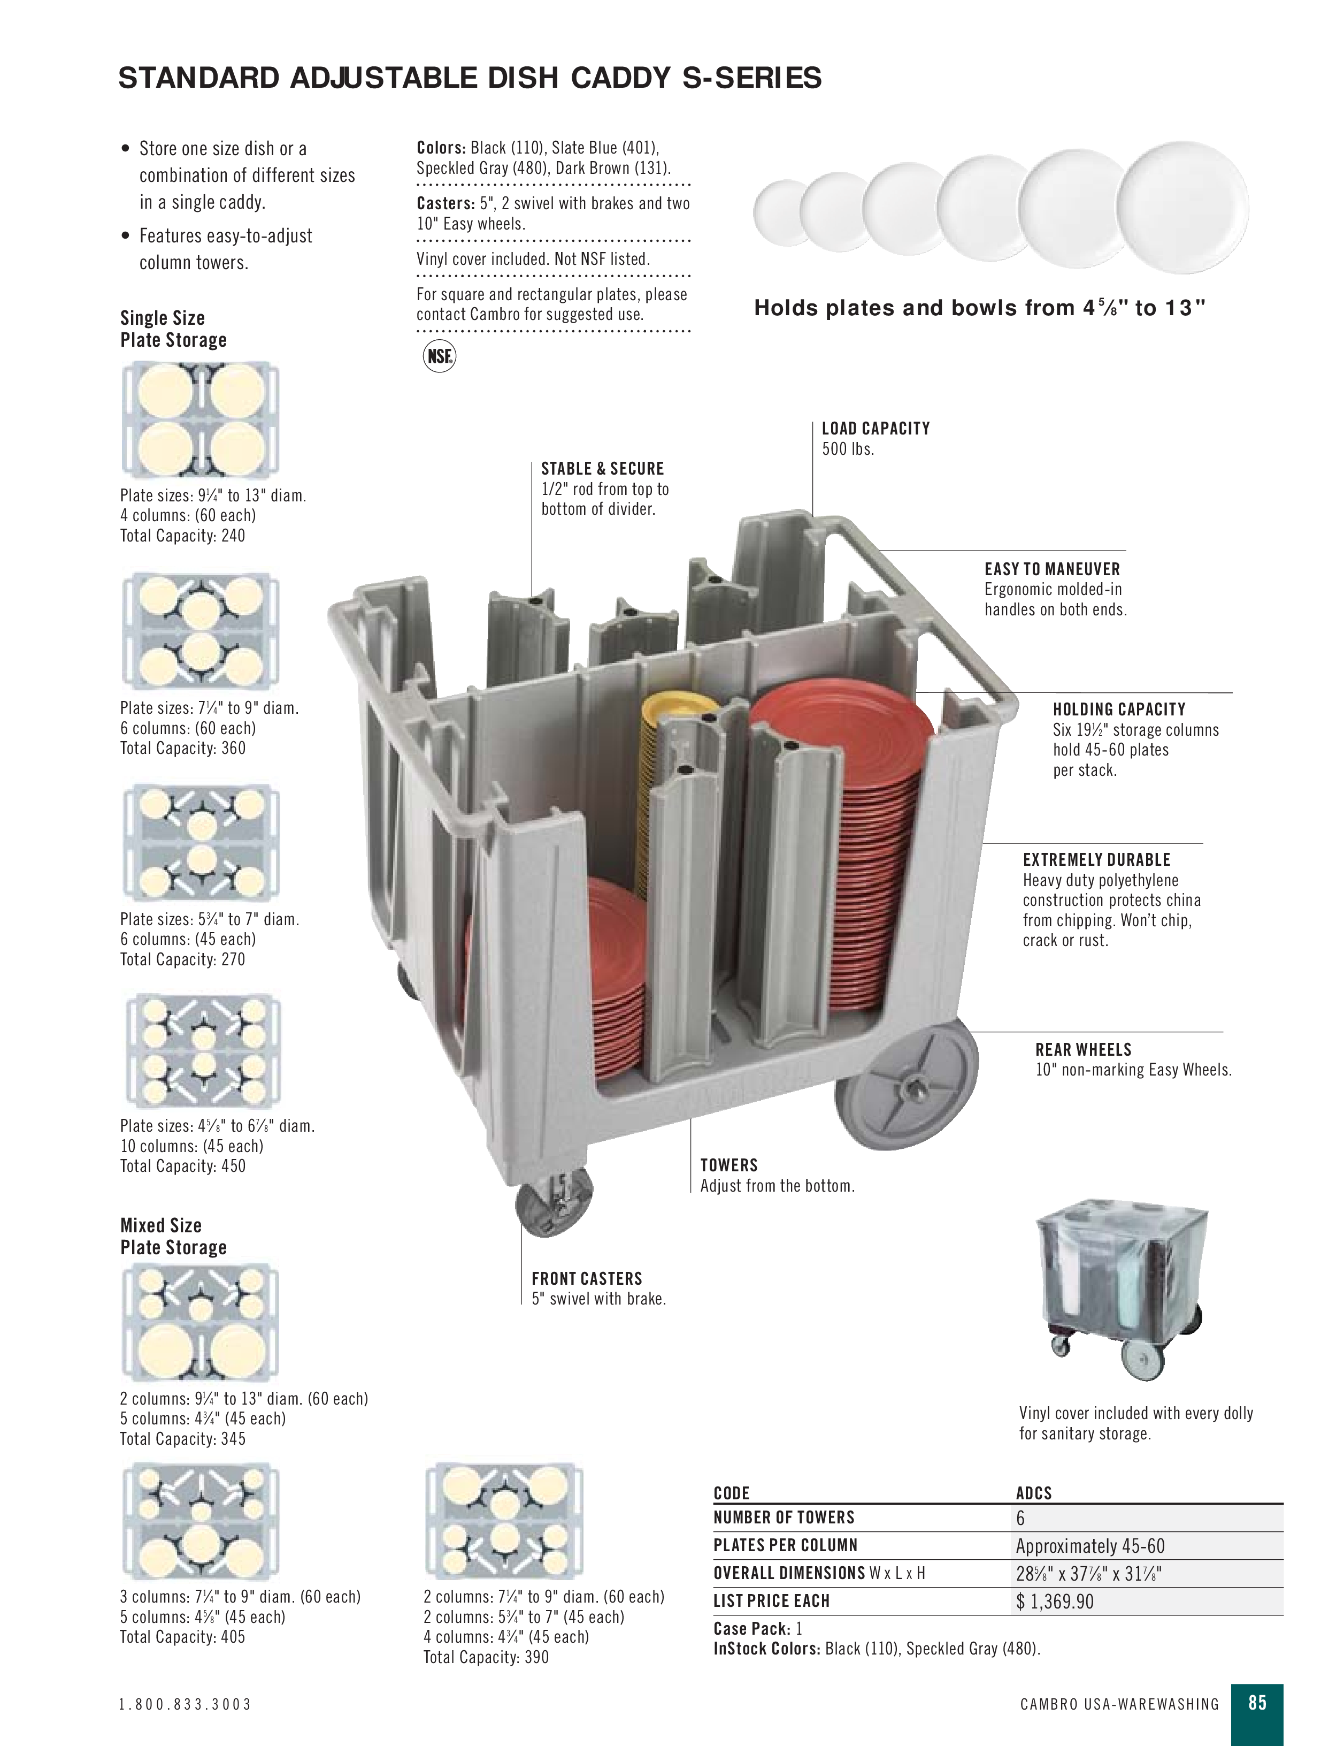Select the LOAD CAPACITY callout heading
pyautogui.click(x=875, y=429)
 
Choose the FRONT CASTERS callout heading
pyautogui.click(x=587, y=1278)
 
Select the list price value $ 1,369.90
pyautogui.click(x=1055, y=1602)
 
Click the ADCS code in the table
pyautogui.click(x=1033, y=1492)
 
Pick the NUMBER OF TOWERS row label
pyautogui.click(x=783, y=1518)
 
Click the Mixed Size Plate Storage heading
pyautogui.click(x=173, y=1236)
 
